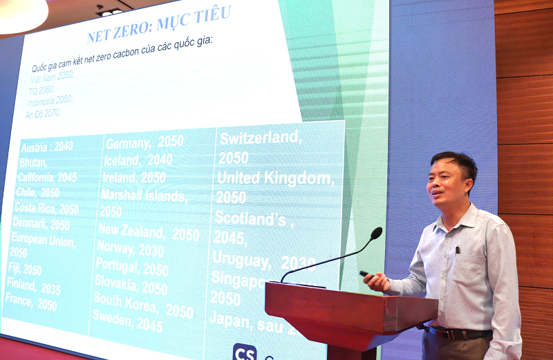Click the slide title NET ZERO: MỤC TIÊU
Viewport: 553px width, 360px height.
(x=158, y=26)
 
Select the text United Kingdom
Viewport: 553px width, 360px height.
(x=275, y=178)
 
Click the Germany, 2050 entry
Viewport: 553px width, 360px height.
(x=144, y=142)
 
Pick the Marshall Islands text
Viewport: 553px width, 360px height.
(x=143, y=196)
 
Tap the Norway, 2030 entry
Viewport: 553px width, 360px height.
(x=130, y=249)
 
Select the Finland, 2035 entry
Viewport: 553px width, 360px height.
(x=33, y=285)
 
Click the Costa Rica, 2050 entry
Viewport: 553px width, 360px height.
(x=46, y=207)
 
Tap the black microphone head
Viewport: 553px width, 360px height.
(x=376, y=234)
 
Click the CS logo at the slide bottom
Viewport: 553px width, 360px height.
(x=244, y=352)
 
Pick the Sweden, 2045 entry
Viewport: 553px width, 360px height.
(x=128, y=321)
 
